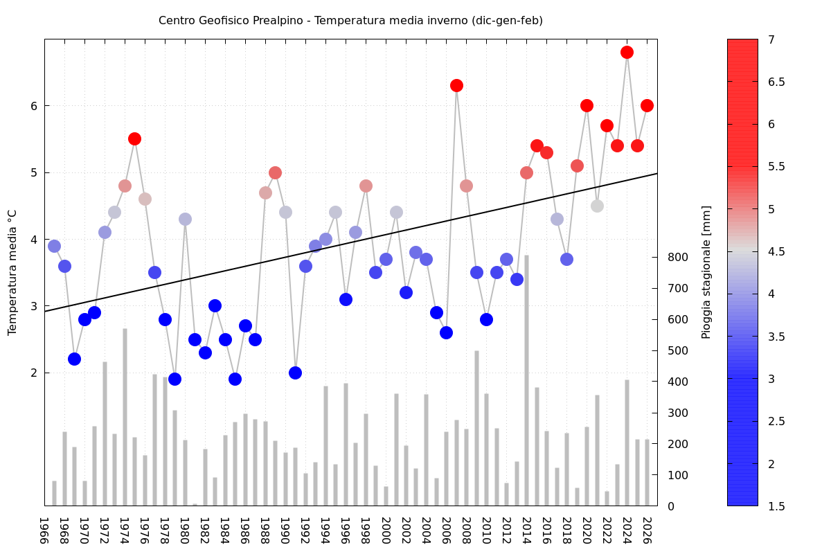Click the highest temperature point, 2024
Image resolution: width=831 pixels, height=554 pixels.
point(627,52)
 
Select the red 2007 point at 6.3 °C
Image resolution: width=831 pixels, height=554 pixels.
point(456,85)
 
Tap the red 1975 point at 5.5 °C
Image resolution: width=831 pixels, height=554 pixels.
point(134,138)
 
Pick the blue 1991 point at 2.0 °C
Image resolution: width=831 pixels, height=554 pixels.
point(295,373)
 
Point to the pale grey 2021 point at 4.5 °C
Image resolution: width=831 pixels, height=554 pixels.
point(597,206)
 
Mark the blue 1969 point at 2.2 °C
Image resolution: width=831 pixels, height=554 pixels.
point(74,359)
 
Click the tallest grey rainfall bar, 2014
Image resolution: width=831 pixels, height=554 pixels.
point(526,381)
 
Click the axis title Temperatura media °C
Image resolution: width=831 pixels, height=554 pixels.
point(12,272)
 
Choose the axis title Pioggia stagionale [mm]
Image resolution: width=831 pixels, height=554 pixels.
point(706,272)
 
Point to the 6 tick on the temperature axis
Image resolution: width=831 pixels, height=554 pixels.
point(33,106)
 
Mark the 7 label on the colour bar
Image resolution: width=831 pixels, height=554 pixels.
point(772,40)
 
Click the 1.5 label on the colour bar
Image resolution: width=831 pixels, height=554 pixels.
point(776,506)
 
